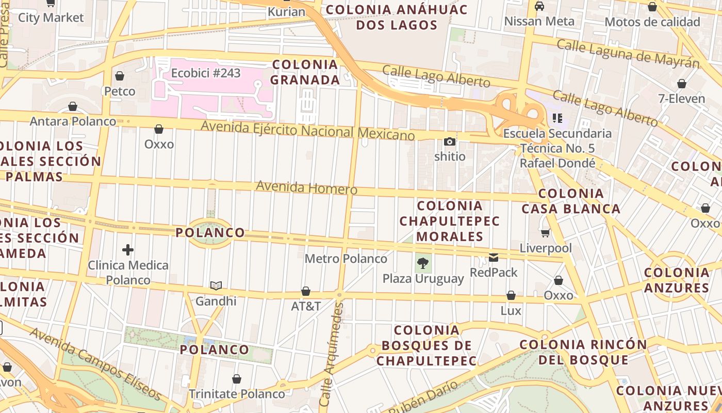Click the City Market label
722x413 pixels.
[51, 18]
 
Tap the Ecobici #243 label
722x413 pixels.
[206, 73]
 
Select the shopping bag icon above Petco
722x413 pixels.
[120, 76]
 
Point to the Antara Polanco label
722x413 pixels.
[73, 121]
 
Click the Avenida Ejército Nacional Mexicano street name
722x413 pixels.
[308, 130]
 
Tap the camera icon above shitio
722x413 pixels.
[450, 141]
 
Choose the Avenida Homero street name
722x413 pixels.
[306, 187]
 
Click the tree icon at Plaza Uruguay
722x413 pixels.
[423, 263]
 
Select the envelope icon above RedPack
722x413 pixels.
[494, 258]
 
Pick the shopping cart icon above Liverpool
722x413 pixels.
[545, 233]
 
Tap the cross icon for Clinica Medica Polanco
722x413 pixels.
[128, 250]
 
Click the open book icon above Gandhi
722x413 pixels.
[216, 286]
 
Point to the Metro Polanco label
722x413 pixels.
[346, 258]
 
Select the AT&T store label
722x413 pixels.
[306, 306]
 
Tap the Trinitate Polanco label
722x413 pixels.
[236, 394]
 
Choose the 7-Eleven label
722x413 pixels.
[681, 98]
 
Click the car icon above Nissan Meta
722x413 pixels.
[539, 6]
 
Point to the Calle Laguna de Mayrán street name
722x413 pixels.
[628, 53]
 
